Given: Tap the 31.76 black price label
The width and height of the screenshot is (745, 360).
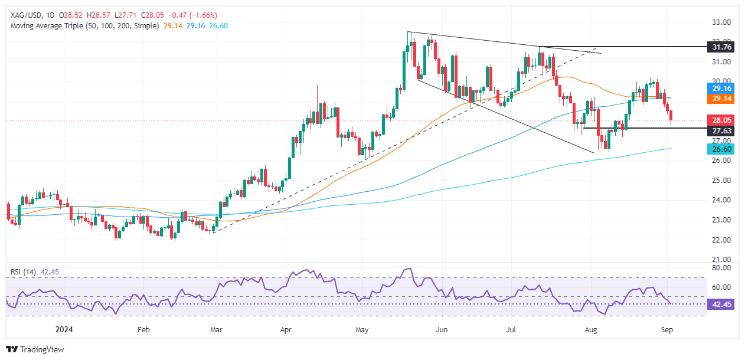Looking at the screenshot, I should tap(722, 46).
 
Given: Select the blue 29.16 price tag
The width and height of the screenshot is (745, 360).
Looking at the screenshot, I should tap(722, 88).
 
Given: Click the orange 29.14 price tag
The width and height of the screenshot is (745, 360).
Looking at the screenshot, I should tap(722, 100).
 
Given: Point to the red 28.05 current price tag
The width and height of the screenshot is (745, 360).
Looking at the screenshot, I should tap(722, 119).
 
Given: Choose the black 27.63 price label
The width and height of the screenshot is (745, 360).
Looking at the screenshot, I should tap(722, 131).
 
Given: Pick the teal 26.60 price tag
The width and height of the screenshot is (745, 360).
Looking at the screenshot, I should tap(722, 150).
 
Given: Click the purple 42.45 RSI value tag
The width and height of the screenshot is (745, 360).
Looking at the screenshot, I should tap(722, 305).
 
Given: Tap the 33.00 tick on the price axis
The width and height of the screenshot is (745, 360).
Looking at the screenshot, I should tap(722, 22).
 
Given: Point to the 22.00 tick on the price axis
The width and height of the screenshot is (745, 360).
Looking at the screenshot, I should tap(722, 240).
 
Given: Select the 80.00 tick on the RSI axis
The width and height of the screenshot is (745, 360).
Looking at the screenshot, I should tap(722, 267).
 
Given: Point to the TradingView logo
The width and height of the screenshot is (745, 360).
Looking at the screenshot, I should tap(35, 349).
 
